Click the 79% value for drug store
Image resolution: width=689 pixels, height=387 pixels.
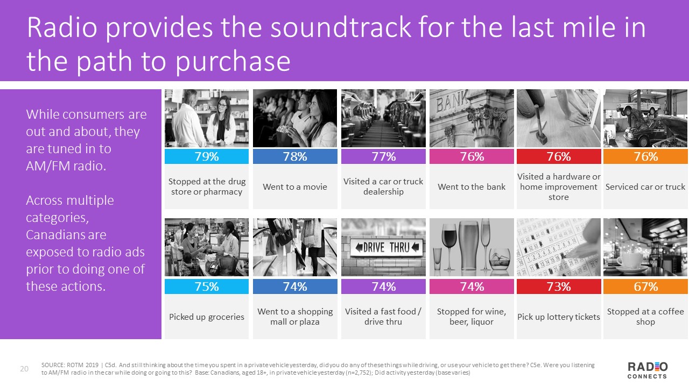pyautogui.click(x=207, y=156)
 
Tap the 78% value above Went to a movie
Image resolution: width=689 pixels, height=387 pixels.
pyautogui.click(x=295, y=156)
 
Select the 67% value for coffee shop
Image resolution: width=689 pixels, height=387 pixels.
pyautogui.click(x=646, y=286)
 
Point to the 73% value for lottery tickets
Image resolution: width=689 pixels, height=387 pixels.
pyautogui.click(x=559, y=286)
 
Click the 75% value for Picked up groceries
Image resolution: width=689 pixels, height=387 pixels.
pyautogui.click(x=207, y=286)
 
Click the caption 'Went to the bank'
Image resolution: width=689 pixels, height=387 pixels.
pyautogui.click(x=472, y=187)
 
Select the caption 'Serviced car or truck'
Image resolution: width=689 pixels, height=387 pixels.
pyautogui.click(x=645, y=187)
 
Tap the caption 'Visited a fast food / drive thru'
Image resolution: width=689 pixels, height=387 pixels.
pyautogui.click(x=383, y=317)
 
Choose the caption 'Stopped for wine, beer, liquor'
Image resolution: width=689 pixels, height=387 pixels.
pyautogui.click(x=472, y=317)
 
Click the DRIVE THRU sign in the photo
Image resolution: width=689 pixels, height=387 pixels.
pyautogui.click(x=384, y=248)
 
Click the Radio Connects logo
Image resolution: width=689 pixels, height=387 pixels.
pyautogui.click(x=648, y=370)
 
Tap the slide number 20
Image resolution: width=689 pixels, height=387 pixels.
pyautogui.click(x=24, y=368)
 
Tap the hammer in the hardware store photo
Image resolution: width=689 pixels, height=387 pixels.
pyautogui.click(x=539, y=126)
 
